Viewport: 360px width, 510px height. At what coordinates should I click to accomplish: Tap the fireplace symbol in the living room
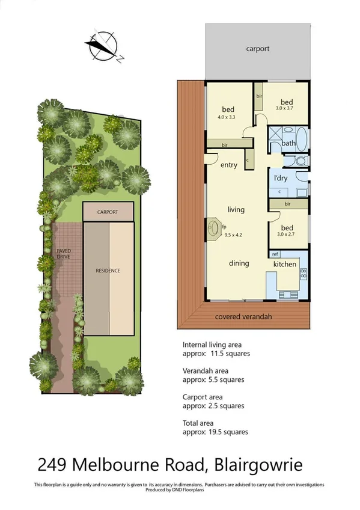pyautogui.click(x=214, y=228)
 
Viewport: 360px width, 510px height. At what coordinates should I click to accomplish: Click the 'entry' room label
pyautogui.click(x=229, y=165)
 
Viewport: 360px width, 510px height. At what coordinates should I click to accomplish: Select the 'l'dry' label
pyautogui.click(x=281, y=179)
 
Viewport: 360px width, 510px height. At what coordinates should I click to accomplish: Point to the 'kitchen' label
pyautogui.click(x=285, y=264)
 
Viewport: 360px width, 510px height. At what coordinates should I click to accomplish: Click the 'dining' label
pyautogui.click(x=239, y=263)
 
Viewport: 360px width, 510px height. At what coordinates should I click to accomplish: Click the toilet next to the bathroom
pyautogui.click(x=299, y=161)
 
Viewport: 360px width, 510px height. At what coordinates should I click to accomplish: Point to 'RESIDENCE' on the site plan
pyautogui.click(x=108, y=271)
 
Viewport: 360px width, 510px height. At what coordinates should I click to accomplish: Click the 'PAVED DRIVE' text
pyautogui.click(x=64, y=254)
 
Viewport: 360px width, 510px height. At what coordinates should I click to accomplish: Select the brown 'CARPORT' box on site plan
pyautogui.click(x=108, y=212)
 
